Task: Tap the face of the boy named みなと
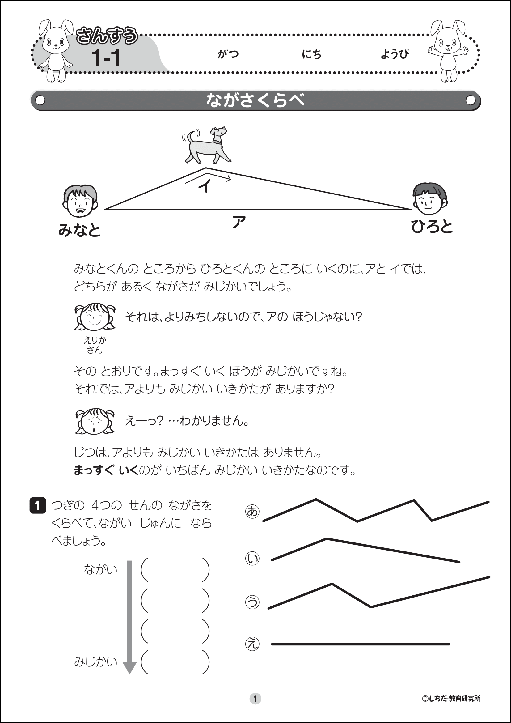[x=80, y=201]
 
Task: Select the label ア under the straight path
[x=239, y=222]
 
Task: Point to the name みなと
[x=79, y=230]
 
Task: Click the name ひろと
[x=432, y=227]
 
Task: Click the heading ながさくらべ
[x=255, y=100]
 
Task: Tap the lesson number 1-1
[x=106, y=58]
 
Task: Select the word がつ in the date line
[x=228, y=54]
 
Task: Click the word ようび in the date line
[x=395, y=54]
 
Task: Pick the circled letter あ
[x=252, y=511]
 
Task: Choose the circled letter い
[x=252, y=558]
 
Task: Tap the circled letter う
[x=252, y=602]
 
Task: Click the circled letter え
[x=252, y=644]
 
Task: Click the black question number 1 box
[x=38, y=505]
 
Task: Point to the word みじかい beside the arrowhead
[x=96, y=661]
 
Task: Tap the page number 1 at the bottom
[x=255, y=699]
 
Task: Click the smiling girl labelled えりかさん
[x=95, y=317]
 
